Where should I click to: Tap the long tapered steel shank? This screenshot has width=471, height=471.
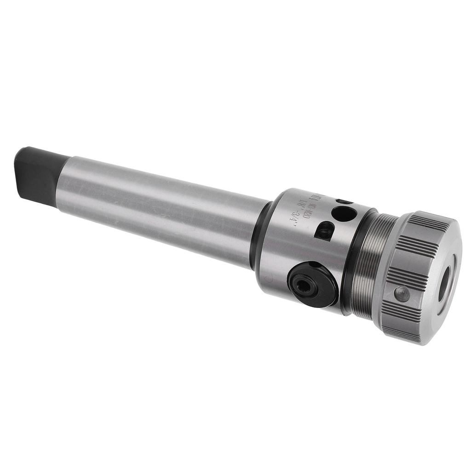click(161, 207)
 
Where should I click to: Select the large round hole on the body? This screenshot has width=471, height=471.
click(344, 213)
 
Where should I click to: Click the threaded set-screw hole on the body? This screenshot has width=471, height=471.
click(325, 230)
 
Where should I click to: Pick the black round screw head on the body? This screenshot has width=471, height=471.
click(313, 284)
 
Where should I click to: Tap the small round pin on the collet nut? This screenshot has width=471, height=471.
click(402, 293)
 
